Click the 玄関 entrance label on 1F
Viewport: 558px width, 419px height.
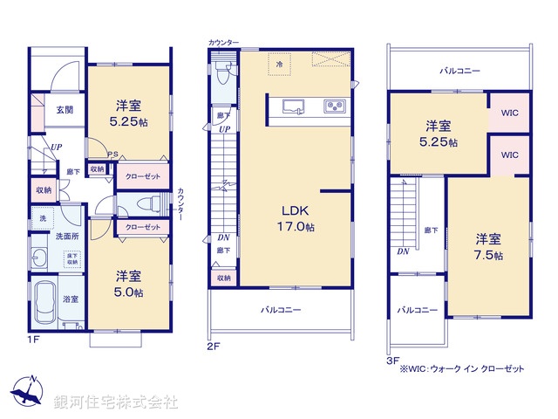[65, 110]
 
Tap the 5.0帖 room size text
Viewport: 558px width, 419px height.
[129, 292]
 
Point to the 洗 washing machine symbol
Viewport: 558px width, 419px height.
[41, 217]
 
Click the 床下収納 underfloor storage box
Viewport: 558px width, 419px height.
[71, 258]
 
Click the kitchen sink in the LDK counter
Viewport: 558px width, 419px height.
[293, 107]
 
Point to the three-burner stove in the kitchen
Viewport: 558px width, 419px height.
[334, 107]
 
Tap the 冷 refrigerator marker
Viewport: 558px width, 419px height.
[280, 64]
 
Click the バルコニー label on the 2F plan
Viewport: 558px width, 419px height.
[281, 310]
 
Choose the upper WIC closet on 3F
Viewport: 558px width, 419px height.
[508, 113]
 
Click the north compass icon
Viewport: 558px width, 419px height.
[29, 394]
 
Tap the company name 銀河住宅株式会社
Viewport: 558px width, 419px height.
[117, 402]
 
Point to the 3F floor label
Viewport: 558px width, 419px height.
[392, 359]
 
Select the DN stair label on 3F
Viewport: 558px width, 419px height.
[402, 251]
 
